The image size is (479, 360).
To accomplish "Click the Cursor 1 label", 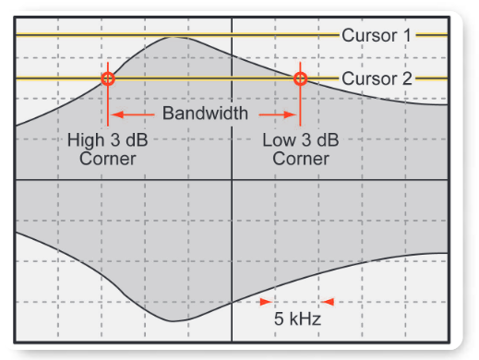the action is coord(377,35).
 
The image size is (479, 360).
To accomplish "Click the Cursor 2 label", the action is coord(377,78).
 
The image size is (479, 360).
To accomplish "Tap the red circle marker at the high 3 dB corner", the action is coord(108,78).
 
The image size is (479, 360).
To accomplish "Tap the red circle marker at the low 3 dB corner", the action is coord(300,78).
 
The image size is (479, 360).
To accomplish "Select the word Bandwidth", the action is coord(205,114).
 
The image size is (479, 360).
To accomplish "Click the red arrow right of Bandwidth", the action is coord(277,114).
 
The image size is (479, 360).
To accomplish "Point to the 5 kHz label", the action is coord(297,321).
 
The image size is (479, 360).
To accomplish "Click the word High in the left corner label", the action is coord(85,140).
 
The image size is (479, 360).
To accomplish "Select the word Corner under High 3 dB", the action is coord(108,159).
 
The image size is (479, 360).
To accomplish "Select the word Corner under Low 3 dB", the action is coord(300,159).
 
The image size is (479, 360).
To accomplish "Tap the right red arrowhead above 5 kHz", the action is coord(328,301).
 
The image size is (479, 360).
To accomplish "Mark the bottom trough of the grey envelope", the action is coord(174,320).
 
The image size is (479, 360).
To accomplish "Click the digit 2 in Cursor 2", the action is coord(405,78).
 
